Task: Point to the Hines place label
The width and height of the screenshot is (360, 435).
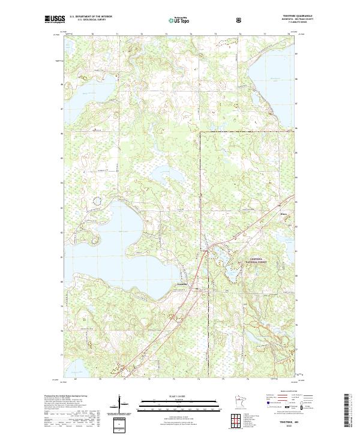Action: click(283, 212)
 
